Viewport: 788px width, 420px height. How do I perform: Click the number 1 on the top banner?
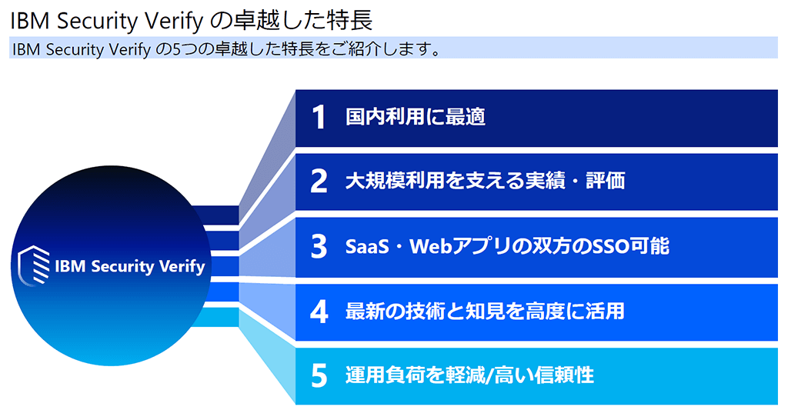pos(319,118)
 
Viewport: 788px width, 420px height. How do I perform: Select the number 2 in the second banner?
pos(319,181)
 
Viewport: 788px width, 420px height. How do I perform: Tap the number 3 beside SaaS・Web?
pos(319,247)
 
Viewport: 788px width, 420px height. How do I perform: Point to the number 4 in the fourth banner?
pos(319,312)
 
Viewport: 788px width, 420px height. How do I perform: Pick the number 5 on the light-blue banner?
pos(319,375)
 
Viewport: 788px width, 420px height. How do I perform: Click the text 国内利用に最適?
pos(416,117)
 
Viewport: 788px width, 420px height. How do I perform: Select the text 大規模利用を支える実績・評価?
pos(486,181)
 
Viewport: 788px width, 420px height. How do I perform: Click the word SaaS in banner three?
pos(367,247)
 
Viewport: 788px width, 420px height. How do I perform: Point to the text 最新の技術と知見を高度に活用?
pos(485,312)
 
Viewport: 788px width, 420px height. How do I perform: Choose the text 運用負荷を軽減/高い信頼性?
pos(470,375)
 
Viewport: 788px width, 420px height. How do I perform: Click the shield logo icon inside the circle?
pos(34,265)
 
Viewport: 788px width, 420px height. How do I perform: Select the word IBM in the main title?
pos(30,21)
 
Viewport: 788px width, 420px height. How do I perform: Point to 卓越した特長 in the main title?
pos(301,21)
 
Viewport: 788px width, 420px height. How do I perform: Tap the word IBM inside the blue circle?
pos(70,266)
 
